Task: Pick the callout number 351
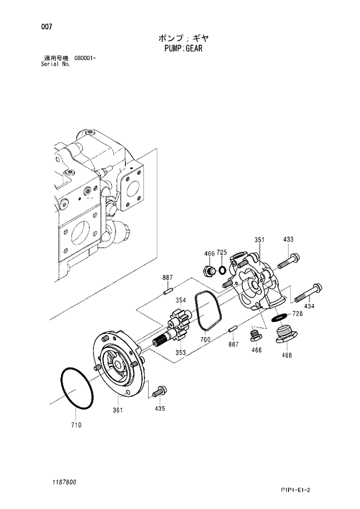[x=260, y=240]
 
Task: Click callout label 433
[x=288, y=240]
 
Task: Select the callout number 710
[x=76, y=425]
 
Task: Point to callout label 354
[x=181, y=300]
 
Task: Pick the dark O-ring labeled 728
[x=279, y=317]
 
